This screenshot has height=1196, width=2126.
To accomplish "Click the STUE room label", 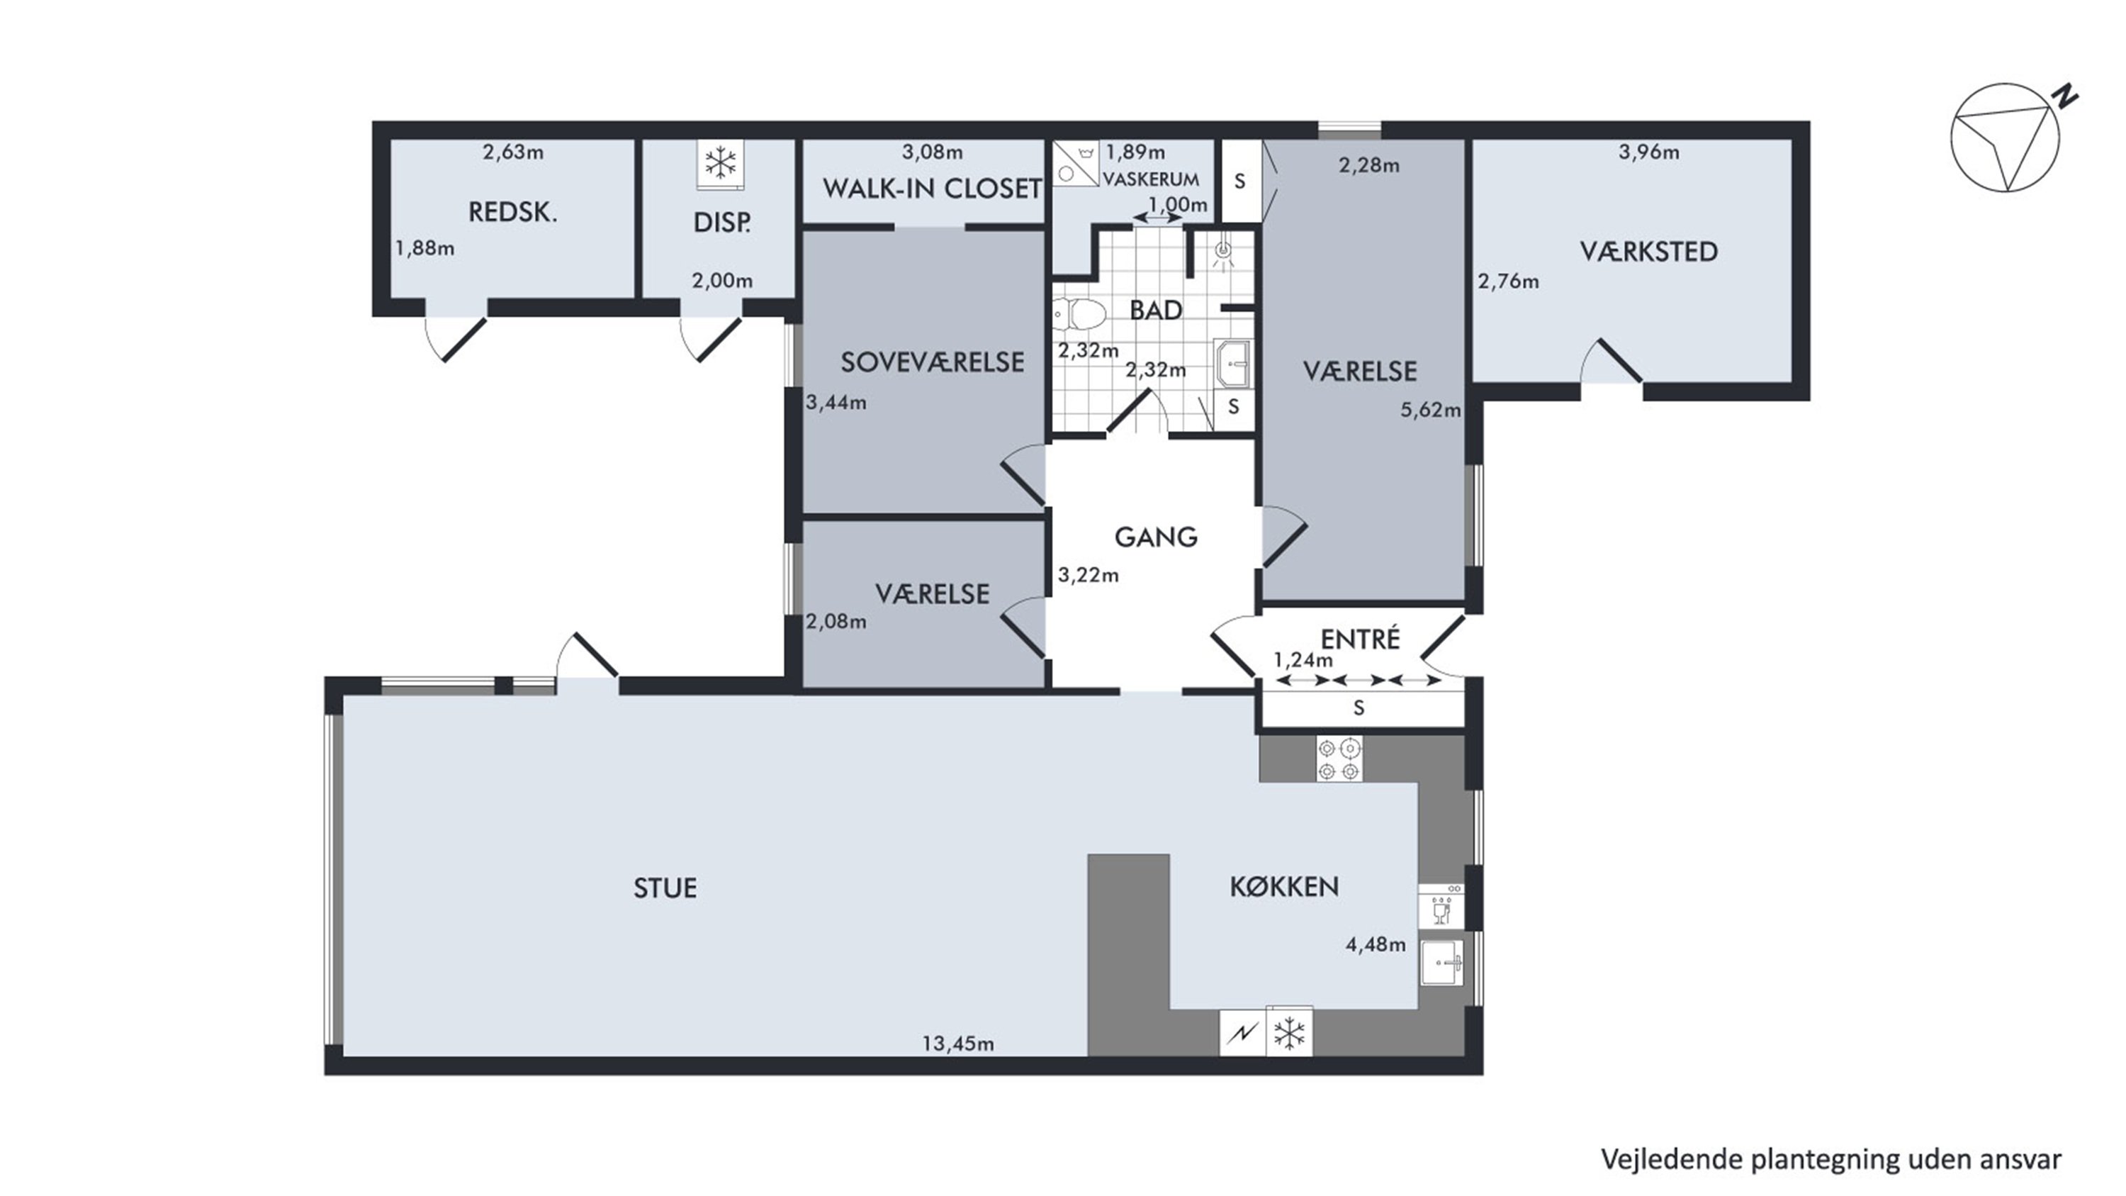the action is [665, 888].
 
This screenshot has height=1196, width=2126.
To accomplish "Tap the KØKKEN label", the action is [1284, 886].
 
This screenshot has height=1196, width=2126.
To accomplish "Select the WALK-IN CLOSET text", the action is [932, 189].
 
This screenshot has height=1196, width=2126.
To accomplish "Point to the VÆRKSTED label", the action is [1649, 251].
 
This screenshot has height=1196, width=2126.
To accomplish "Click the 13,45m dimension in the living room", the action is [958, 1044].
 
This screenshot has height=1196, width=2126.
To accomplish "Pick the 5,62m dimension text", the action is [1430, 410].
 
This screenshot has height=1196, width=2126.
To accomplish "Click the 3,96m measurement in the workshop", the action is [1648, 152].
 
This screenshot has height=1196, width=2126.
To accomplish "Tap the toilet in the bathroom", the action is [1079, 315].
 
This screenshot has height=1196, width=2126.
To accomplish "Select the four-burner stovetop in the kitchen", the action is [1339, 759].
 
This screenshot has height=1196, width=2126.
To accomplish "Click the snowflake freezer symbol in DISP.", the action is [721, 162].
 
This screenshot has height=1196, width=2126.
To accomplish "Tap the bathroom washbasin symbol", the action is [1234, 363].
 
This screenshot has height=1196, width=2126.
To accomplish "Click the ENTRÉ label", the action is [1360, 639].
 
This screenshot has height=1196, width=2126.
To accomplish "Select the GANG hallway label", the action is [1155, 537].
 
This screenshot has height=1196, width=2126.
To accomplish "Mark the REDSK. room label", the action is [512, 213].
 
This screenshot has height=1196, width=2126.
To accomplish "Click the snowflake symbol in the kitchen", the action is [1289, 1032].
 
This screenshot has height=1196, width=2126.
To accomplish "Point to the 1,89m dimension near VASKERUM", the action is [1135, 152].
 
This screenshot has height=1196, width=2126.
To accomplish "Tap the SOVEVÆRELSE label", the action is [932, 362].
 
